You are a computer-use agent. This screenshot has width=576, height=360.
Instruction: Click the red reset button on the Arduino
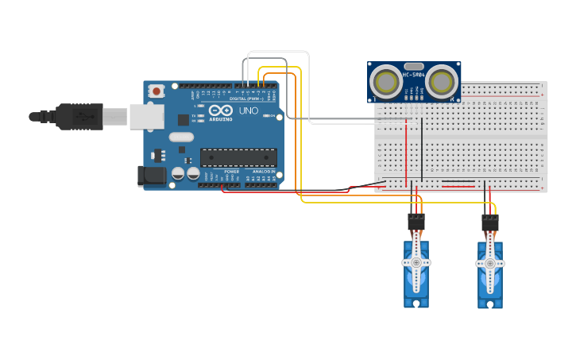pyautogui.click(x=157, y=91)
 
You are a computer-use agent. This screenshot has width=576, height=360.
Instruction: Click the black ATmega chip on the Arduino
pyautogui.click(x=238, y=157)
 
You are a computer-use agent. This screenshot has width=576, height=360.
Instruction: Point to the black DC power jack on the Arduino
pyautogui.click(x=151, y=176)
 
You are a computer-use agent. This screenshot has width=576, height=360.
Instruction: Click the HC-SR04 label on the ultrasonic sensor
pyautogui.click(x=413, y=75)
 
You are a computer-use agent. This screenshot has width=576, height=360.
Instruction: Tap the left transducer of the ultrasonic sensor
pyautogui.click(x=387, y=82)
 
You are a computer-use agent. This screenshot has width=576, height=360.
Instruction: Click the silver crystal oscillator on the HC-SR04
pyautogui.click(x=413, y=67)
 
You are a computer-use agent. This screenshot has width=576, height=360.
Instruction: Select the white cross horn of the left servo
pyautogui.click(x=416, y=261)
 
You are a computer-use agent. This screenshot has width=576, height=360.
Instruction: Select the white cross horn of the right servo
pyautogui.click(x=490, y=263)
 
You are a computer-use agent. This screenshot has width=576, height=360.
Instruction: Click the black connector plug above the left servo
pyautogui.click(x=416, y=222)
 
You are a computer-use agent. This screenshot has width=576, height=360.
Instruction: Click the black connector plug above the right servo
pyautogui.click(x=490, y=222)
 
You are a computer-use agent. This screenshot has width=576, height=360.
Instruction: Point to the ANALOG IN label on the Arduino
pyautogui.click(x=263, y=171)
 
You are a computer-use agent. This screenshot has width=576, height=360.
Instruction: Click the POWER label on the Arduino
pyautogui.click(x=232, y=171)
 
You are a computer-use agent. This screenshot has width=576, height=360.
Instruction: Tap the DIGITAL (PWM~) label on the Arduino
pyautogui.click(x=246, y=98)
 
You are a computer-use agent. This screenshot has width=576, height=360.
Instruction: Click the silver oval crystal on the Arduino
pyautogui.click(x=181, y=137)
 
